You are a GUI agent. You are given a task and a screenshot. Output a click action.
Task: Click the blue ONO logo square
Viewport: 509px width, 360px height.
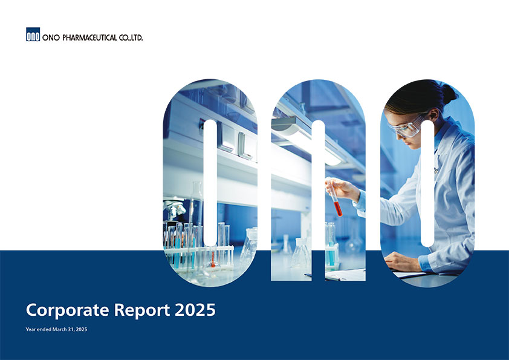tap(33, 34)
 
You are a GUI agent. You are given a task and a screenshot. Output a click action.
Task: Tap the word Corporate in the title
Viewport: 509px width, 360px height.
tap(68, 310)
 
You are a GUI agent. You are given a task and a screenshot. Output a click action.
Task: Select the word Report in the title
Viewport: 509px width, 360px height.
tap(142, 310)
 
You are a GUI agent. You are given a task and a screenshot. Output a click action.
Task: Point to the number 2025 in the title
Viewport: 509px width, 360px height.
tap(195, 310)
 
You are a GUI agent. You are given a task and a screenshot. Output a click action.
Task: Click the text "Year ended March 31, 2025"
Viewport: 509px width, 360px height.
tap(56, 329)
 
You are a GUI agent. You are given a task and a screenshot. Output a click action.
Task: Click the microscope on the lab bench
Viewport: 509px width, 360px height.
tap(174, 208)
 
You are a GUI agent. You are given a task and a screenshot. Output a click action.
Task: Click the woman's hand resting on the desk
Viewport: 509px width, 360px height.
tap(403, 261)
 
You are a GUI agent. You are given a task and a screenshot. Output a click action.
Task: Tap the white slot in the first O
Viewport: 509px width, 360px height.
tap(210, 183)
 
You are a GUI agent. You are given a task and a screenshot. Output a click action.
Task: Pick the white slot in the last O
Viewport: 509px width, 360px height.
tap(427, 183)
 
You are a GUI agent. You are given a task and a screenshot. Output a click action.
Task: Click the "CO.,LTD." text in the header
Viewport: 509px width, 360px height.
tap(131, 38)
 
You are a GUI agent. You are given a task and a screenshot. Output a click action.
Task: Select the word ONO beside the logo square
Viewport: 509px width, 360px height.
tap(51, 38)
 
